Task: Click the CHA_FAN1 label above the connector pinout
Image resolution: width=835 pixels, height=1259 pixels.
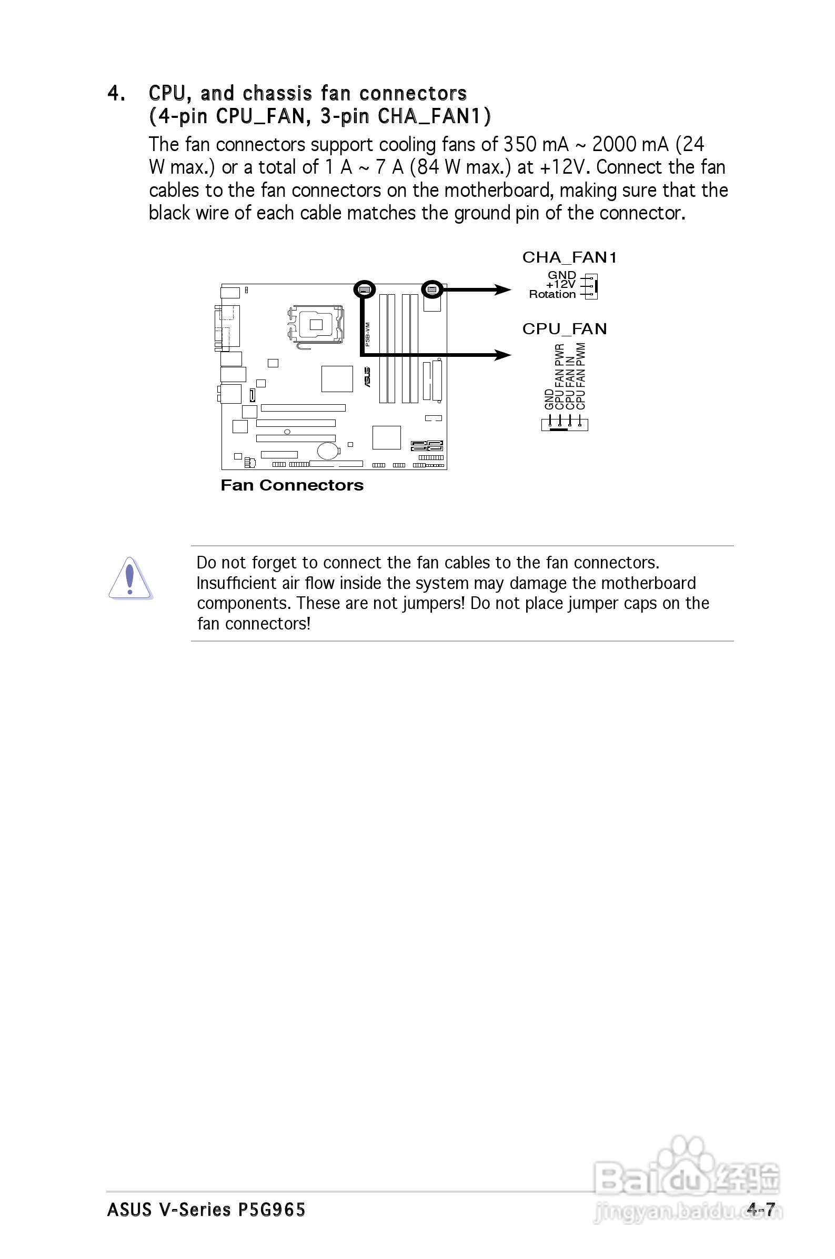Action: point(569,258)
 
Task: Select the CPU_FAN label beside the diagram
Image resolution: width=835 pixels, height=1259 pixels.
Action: point(564,329)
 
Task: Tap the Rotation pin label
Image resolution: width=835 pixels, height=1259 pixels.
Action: point(552,295)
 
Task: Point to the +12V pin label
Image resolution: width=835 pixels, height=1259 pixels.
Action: point(561,285)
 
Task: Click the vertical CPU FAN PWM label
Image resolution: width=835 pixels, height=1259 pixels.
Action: point(581,376)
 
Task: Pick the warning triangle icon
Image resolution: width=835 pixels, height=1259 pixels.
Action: point(130,579)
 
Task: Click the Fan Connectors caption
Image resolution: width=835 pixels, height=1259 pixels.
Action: point(292,485)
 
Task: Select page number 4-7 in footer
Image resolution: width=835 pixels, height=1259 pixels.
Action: point(760,1210)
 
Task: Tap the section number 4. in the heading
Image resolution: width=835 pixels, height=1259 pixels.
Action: point(117,94)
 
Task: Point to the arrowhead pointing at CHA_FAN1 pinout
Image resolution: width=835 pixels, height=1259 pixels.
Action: point(502,289)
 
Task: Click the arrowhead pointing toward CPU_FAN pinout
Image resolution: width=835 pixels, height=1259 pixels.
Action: point(502,355)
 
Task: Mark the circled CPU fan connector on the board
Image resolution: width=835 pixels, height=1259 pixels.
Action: point(364,289)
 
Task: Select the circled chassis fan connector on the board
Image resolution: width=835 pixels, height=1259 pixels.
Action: point(432,289)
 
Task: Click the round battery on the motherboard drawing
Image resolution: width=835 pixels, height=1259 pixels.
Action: point(327,451)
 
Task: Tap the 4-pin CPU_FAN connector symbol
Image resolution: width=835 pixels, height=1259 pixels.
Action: point(565,423)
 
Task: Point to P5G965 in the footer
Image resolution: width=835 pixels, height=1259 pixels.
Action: point(271,1210)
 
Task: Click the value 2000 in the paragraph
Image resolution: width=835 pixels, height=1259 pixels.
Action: point(615,144)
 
